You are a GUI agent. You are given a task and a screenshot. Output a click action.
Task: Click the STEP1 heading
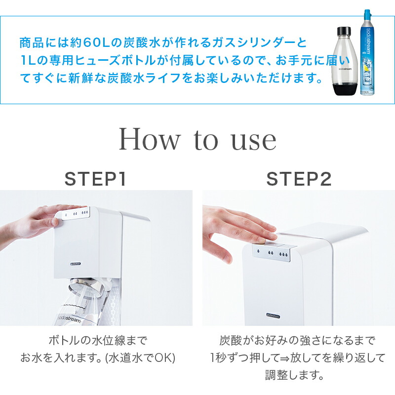(x=95, y=179)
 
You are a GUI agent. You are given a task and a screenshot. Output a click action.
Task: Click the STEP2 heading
(x=299, y=179)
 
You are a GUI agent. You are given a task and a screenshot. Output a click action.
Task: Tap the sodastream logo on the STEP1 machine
(x=75, y=264)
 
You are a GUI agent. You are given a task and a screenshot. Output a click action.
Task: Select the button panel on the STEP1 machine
(x=73, y=213)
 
